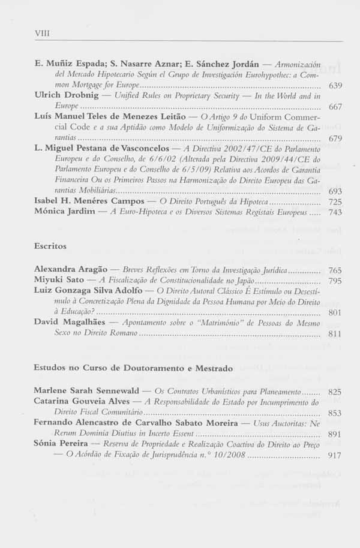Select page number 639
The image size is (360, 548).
(335, 86)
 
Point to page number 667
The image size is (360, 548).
(335, 107)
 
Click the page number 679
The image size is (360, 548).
(335, 138)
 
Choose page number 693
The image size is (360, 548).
(335, 190)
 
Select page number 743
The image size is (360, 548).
(335, 213)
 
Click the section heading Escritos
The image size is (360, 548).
(50, 246)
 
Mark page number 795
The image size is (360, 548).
(335, 281)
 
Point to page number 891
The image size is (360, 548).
(335, 434)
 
